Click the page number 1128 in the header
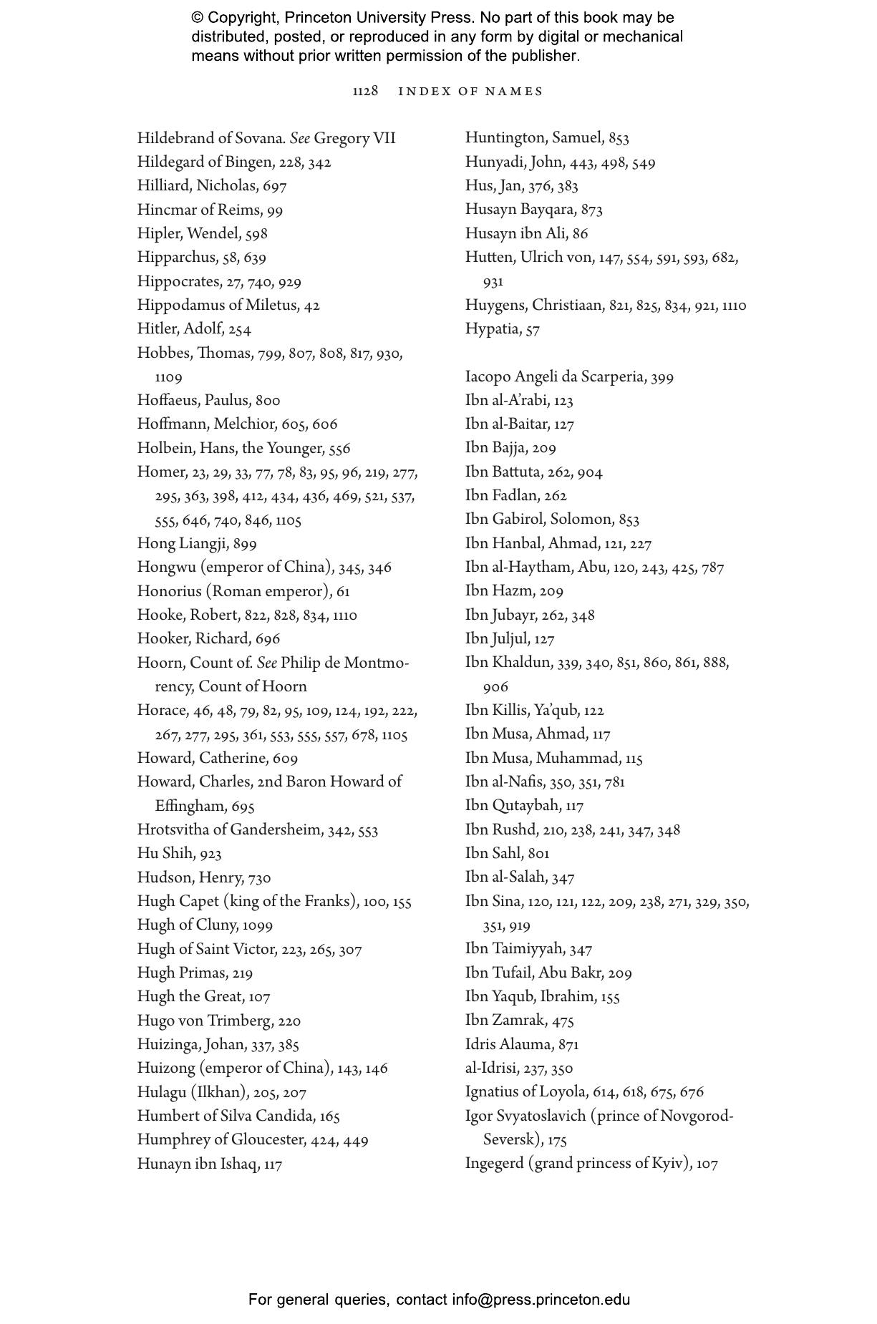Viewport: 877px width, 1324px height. tap(365, 92)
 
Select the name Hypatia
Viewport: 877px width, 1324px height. tap(492, 330)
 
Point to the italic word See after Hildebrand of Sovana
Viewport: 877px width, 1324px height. tap(299, 138)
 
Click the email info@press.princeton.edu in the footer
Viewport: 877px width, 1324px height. tap(541, 1300)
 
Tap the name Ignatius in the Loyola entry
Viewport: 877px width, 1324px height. tap(493, 1092)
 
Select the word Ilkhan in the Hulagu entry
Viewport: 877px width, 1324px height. tap(220, 1092)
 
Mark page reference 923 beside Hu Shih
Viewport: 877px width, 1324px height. tap(211, 854)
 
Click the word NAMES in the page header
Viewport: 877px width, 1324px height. tap(514, 92)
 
